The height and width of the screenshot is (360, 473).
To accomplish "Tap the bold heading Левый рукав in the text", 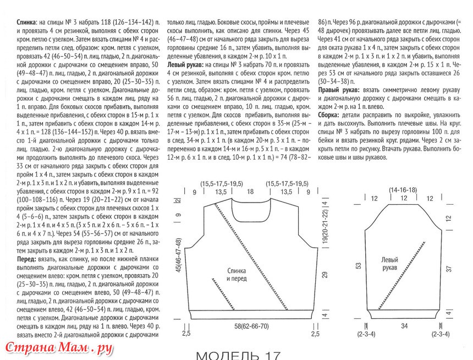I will click(185, 64).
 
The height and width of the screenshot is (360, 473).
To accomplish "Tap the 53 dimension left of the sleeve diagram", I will click(359, 265).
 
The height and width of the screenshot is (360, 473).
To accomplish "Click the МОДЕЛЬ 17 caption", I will click(238, 355).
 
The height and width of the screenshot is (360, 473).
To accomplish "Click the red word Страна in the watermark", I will click(28, 348).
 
